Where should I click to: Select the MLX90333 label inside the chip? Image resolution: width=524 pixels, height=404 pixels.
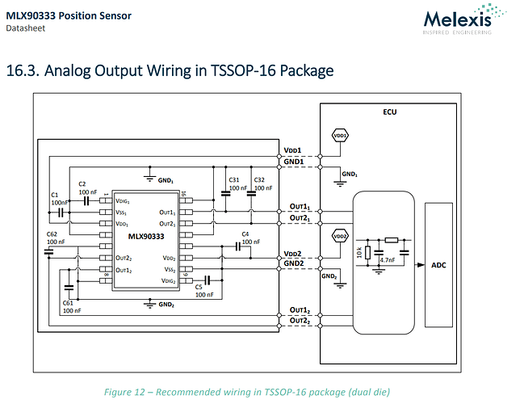tap(145, 237)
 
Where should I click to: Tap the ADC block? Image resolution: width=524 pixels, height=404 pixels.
tap(438, 264)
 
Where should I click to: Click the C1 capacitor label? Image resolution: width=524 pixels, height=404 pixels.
tap(55, 195)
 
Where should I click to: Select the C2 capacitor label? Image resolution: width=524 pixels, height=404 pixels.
tap(82, 183)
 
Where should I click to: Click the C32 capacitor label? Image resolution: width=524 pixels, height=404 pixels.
tap(259, 179)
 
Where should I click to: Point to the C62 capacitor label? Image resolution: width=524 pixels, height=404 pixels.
tap(52, 233)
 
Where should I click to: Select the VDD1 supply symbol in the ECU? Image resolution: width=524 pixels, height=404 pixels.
tap(340, 136)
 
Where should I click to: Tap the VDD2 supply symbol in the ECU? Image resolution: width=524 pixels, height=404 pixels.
tap(340, 237)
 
